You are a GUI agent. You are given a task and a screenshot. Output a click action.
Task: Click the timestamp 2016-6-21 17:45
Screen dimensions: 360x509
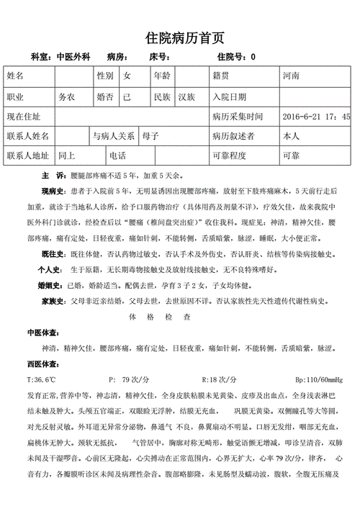[x=317, y=116]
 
